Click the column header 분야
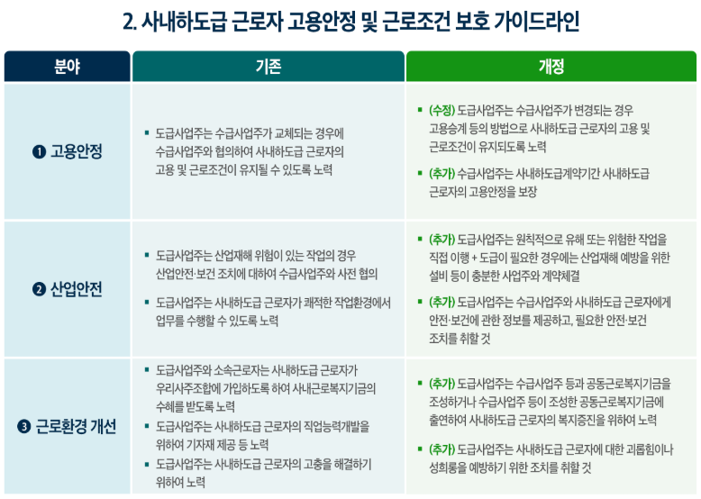coord(67,67)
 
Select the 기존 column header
coord(269,67)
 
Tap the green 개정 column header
coord(551,67)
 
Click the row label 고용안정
coord(77,151)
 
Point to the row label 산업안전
coord(77,289)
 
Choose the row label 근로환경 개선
coord(76,427)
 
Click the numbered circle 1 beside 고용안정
coord(39,152)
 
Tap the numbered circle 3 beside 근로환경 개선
coord(24,427)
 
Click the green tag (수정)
coord(442,110)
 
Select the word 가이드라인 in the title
coord(536,22)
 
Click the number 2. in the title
coord(130,22)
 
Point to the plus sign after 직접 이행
coord(474,258)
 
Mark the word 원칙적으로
coord(539,240)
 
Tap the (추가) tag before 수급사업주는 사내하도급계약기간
coord(442,173)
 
